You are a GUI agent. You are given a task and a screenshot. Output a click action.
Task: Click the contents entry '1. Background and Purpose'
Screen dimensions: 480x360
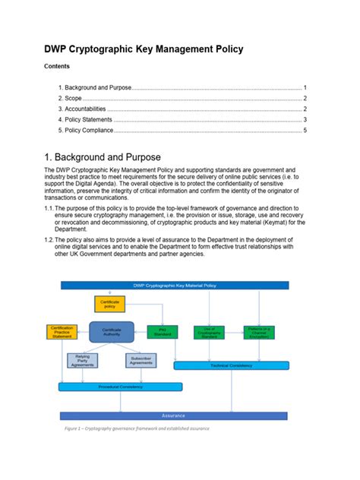coord(95,88)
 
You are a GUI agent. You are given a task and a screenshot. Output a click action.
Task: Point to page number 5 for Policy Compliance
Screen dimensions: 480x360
coord(305,130)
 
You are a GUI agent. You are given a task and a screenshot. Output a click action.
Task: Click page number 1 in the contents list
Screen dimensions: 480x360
coord(305,88)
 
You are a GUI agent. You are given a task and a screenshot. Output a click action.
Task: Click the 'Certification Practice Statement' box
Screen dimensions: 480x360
coord(62,332)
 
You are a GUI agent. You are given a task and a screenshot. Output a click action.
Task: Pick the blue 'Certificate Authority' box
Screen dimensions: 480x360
coord(112,332)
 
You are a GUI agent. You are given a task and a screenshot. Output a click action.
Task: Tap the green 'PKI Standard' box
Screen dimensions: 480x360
coord(162,332)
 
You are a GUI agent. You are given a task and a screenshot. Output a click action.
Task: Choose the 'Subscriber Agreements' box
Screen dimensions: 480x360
coord(141,360)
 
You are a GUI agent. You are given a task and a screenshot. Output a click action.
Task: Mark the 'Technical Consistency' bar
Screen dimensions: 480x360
coord(235,365)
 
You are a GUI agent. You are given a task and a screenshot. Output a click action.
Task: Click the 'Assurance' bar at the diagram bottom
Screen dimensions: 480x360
coord(172,415)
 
